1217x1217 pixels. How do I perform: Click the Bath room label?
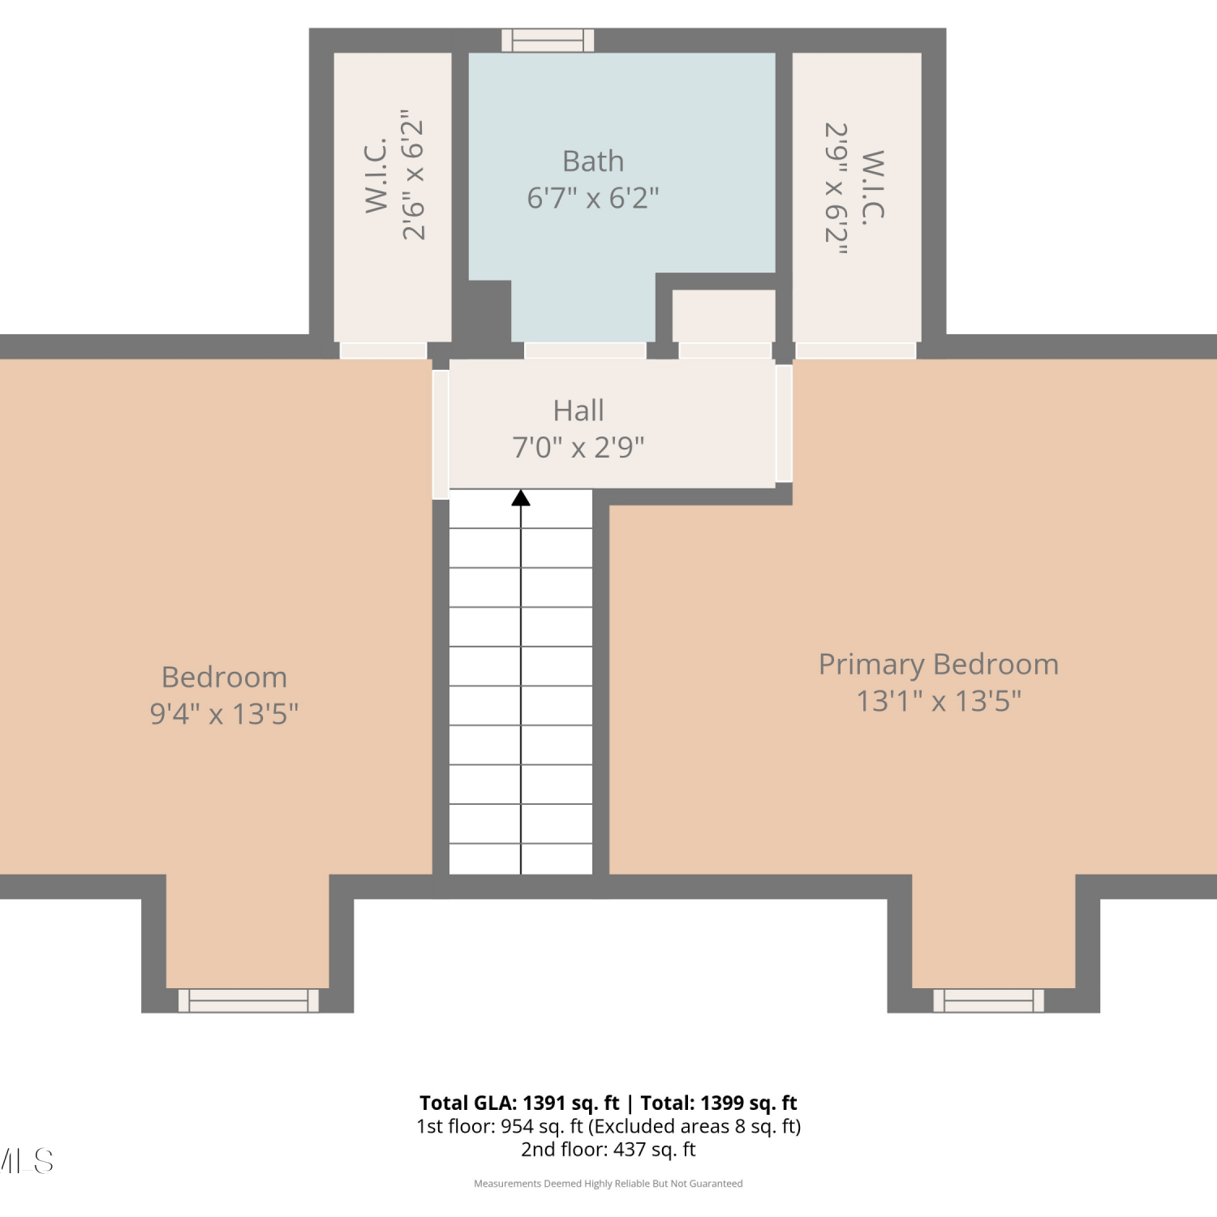tap(593, 161)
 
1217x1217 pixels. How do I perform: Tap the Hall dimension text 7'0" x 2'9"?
tap(578, 447)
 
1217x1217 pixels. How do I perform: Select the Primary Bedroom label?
tap(939, 664)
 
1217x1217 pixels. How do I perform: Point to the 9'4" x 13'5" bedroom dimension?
tap(225, 714)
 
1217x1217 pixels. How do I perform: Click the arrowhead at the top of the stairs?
tap(521, 498)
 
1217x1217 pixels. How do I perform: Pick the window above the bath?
tap(548, 41)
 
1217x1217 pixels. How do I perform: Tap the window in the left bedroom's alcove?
tap(248, 1000)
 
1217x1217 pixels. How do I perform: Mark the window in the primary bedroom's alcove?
tap(988, 1000)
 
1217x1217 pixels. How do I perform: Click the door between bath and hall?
tap(585, 350)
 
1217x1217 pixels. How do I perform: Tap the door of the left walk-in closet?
tap(383, 350)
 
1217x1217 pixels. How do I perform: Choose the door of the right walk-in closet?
tap(856, 350)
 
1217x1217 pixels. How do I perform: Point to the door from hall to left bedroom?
tap(441, 434)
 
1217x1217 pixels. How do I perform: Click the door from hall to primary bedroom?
tap(784, 424)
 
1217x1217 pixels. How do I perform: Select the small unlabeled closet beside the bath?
tap(724, 316)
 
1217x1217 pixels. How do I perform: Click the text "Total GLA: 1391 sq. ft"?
tap(519, 1103)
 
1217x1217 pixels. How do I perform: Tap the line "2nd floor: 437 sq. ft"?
tap(608, 1150)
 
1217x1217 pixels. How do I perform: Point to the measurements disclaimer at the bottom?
tap(608, 1184)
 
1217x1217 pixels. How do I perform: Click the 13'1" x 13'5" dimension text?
tap(939, 701)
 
